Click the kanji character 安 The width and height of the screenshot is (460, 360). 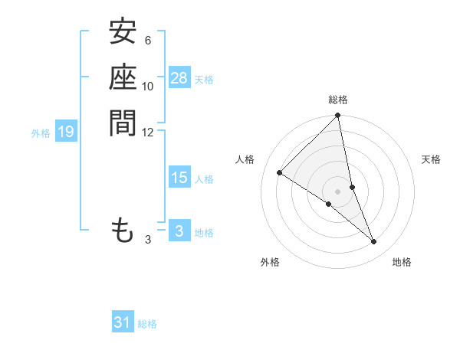123,32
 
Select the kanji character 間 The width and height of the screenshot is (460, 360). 123,123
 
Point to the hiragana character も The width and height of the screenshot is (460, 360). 123,230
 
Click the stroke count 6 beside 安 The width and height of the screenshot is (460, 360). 147,41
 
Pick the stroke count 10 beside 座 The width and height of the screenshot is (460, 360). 148,86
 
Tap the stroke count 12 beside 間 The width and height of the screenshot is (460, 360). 147,132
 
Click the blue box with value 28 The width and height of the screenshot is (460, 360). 179,78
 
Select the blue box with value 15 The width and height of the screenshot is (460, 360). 179,178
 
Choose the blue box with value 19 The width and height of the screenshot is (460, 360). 66,133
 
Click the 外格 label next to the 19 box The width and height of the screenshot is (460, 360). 41,133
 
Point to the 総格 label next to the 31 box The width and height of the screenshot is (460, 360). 147,324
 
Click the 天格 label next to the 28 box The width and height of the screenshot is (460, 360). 204,79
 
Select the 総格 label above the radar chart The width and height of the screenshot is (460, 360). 338,100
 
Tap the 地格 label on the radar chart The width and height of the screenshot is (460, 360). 402,262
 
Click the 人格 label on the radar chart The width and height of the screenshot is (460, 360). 245,159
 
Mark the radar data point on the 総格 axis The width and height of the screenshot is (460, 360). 338,116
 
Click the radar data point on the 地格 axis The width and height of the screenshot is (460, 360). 374,242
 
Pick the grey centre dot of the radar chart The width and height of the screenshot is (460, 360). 338,191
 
